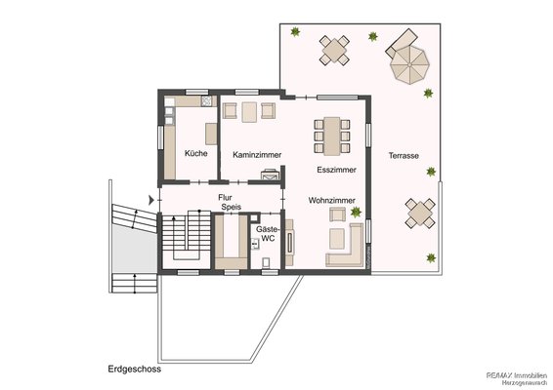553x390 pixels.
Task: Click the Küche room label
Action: coord(196,153)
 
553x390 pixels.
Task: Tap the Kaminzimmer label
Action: coord(257,155)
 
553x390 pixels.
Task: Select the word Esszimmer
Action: coord(336,170)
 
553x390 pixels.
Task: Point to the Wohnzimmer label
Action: coord(332,200)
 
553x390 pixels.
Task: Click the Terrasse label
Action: coord(404,156)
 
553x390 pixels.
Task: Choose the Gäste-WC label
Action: coord(268,234)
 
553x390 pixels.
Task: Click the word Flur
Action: coord(225,198)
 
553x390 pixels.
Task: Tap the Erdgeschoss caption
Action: coord(135,369)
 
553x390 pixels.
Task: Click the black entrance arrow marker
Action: coord(151,200)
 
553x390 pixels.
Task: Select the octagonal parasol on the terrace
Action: coord(409,64)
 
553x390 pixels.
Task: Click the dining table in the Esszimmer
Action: coord(332,136)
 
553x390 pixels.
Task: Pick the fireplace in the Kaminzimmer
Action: coord(271,175)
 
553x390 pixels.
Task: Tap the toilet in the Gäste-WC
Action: coord(267,262)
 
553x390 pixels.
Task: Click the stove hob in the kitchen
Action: coord(206,101)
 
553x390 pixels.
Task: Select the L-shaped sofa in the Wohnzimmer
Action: coord(345,245)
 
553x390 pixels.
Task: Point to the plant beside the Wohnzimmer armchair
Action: coord(356,212)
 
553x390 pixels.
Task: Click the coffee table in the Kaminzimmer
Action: coord(249,112)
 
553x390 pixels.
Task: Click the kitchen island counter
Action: coord(211,134)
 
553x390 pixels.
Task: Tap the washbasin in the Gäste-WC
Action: coord(255,243)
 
